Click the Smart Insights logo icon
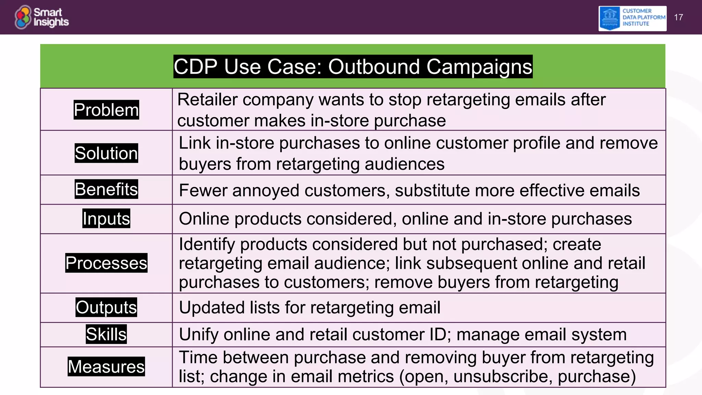23,17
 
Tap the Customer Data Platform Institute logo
632,18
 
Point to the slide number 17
678,17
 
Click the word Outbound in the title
374,67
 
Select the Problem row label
106,110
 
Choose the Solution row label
106,153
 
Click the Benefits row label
106,189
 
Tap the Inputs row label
106,219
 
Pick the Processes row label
106,263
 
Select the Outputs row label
106,307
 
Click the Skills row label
106,334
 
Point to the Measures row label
106,367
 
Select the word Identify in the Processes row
207,244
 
